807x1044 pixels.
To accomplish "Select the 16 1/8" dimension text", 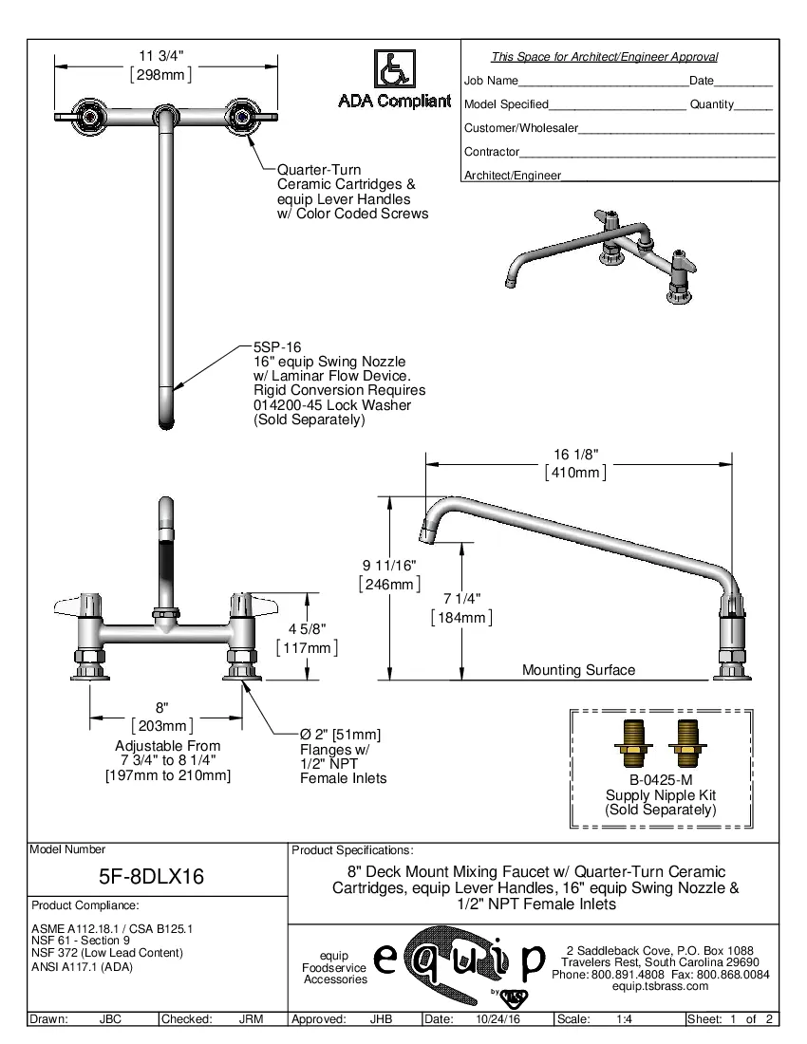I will (575, 454).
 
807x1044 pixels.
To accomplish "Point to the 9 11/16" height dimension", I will (389, 566).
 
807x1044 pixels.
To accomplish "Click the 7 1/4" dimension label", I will (461, 599).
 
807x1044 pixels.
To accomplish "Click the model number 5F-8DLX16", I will (152, 875).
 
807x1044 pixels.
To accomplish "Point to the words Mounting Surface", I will (578, 670).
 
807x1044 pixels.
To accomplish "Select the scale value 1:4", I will (625, 1019).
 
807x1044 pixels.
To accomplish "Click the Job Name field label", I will (491, 81).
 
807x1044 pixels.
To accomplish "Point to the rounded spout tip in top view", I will (166, 418).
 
